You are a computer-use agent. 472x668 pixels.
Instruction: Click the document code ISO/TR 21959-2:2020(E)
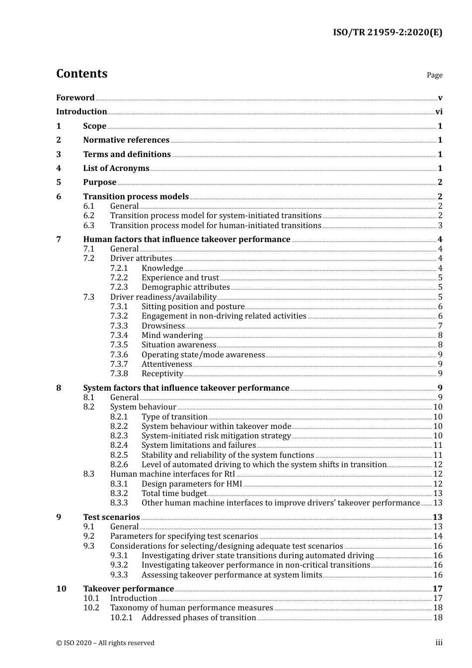[x=387, y=33]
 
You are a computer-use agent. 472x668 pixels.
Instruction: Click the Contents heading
[x=81, y=74]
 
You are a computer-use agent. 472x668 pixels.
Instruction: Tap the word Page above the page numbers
[x=434, y=75]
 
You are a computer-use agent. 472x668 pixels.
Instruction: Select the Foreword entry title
[x=75, y=98]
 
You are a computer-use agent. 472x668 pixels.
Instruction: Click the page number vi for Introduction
[x=439, y=112]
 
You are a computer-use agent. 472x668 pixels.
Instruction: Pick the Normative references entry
[x=126, y=140]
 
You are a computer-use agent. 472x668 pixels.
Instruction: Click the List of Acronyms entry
[x=116, y=168]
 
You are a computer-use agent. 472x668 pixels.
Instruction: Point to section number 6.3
[x=89, y=226]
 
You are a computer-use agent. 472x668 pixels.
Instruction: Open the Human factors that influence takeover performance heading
[x=186, y=240]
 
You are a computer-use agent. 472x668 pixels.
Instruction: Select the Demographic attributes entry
[x=185, y=287]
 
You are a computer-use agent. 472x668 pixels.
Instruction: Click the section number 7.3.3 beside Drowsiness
[x=119, y=326]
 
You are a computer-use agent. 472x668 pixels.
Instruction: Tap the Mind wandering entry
[x=172, y=335]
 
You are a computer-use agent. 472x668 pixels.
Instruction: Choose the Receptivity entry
[x=162, y=374]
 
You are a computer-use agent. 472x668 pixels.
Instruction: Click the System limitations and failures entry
[x=198, y=445]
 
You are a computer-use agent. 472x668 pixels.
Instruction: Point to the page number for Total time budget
[x=438, y=494]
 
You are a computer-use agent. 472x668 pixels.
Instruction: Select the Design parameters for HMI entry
[x=192, y=484]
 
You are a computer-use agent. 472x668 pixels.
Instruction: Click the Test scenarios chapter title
[x=111, y=517]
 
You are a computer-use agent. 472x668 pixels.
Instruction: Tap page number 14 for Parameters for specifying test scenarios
[x=438, y=536]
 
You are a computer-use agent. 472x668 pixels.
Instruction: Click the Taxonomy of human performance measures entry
[x=191, y=608]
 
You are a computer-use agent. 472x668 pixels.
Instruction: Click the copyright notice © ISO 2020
[x=105, y=643]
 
